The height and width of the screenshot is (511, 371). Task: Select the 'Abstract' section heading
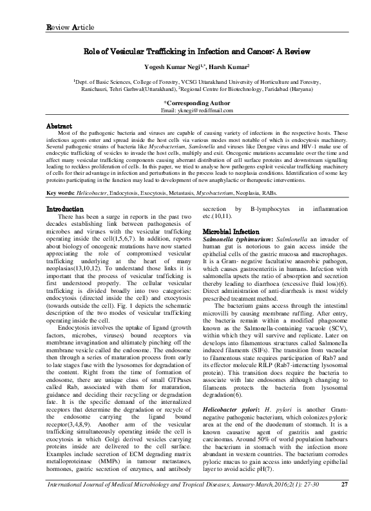(x=62, y=125)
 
